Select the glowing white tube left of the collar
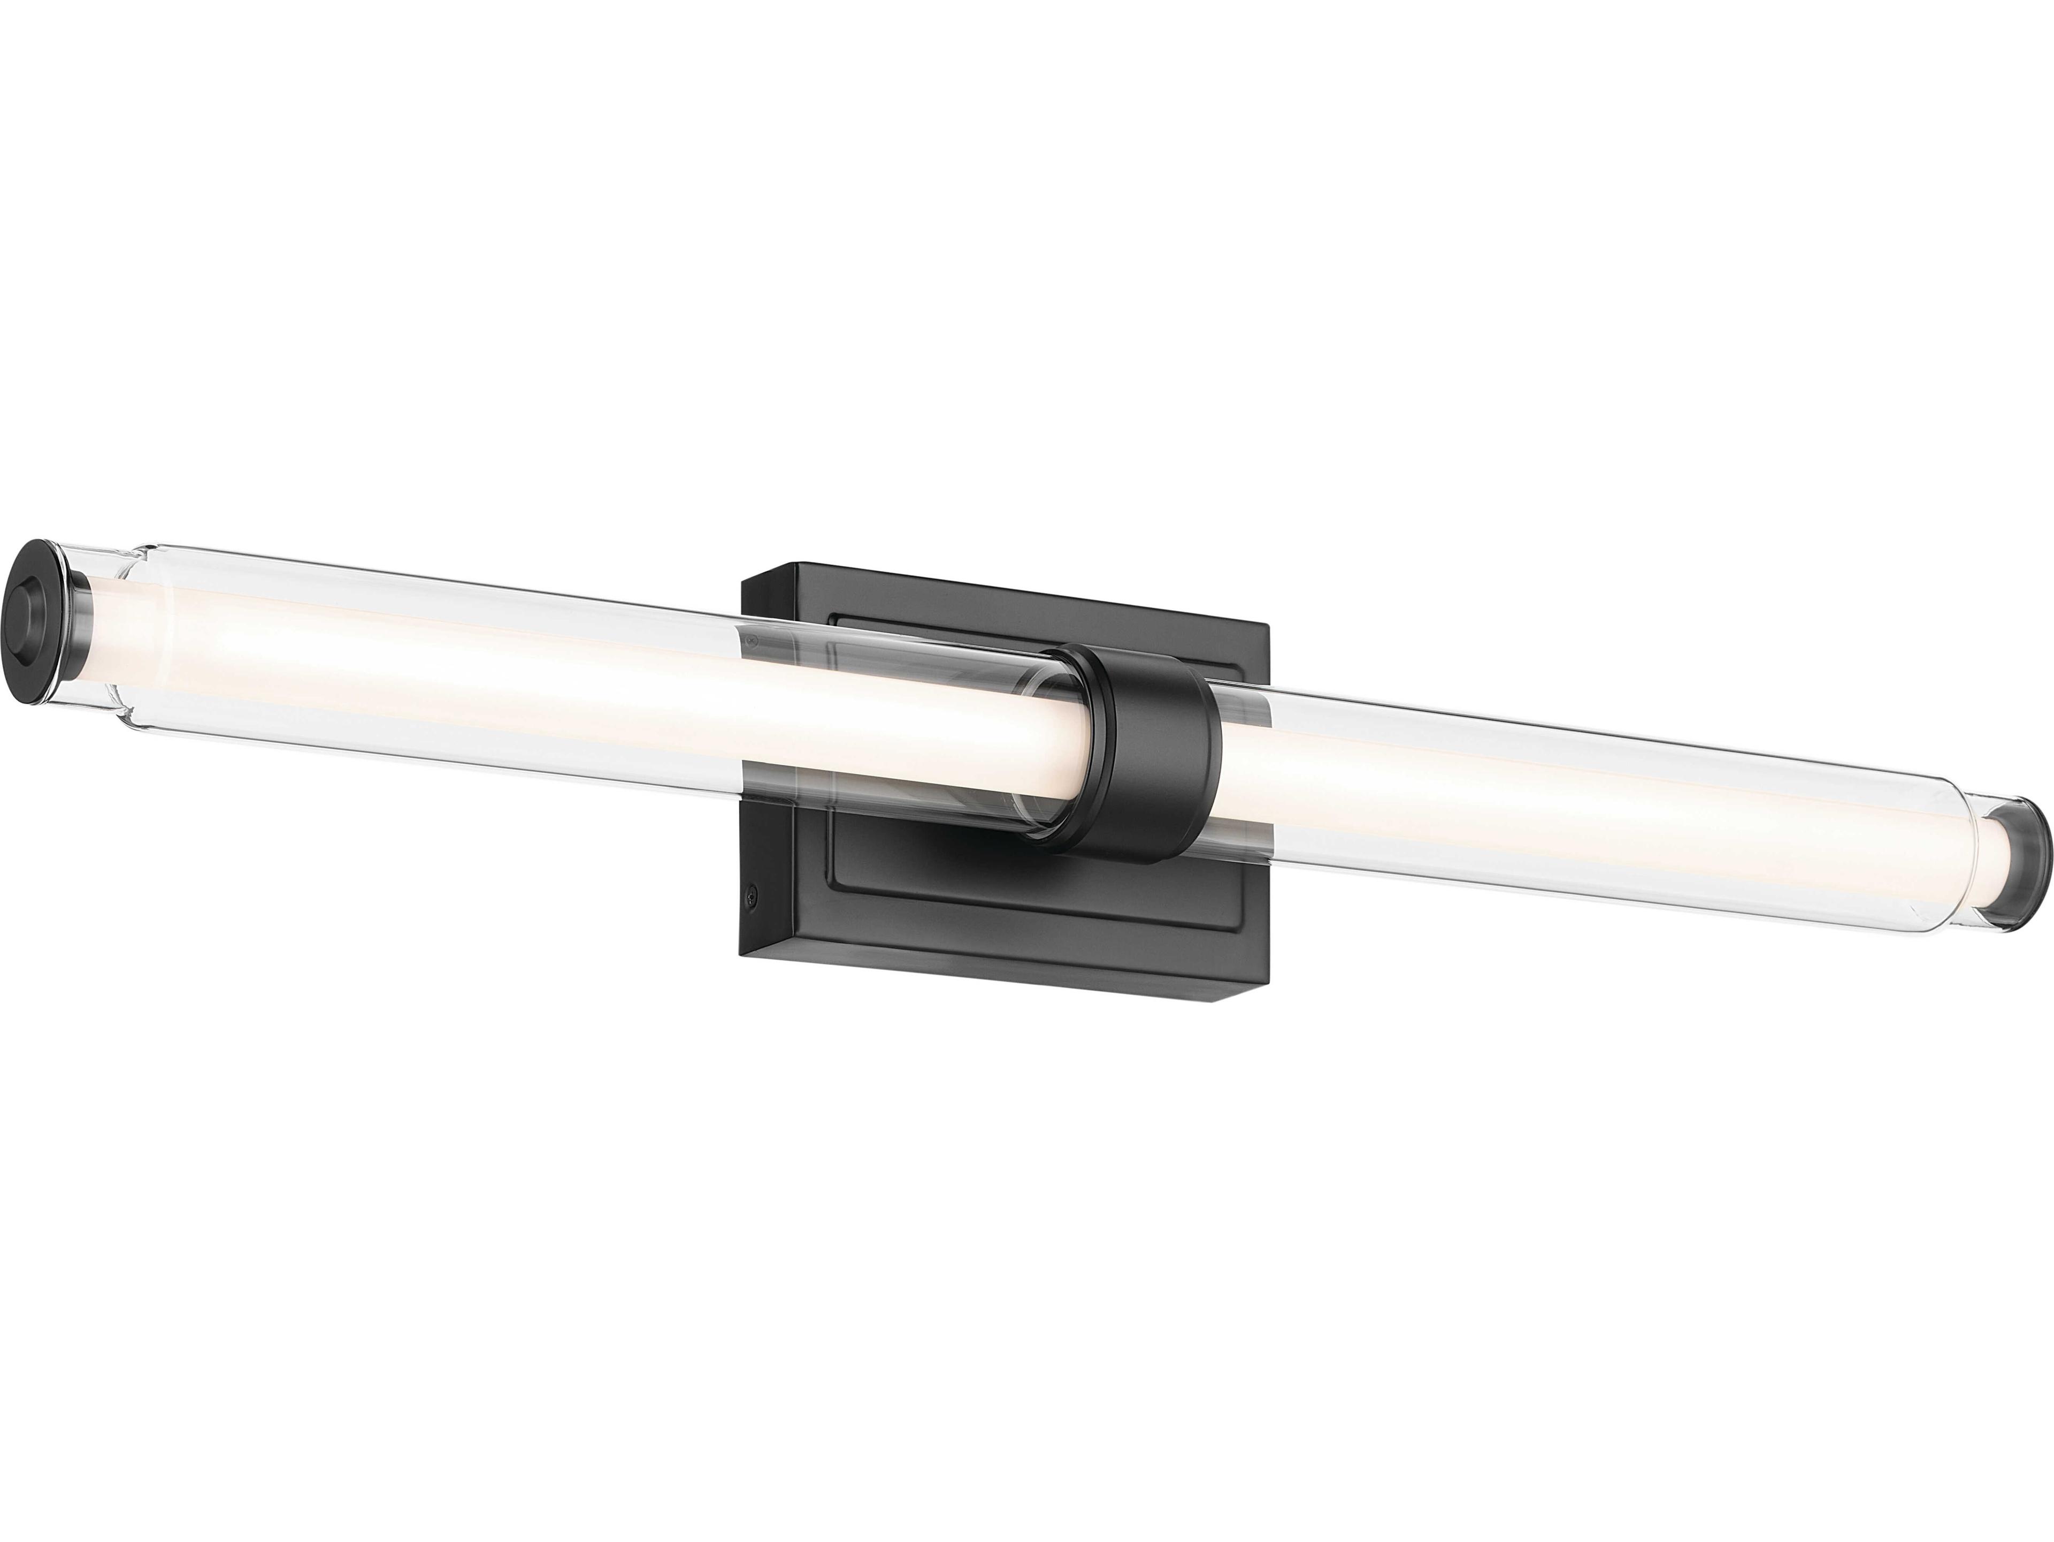coord(557,678)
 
